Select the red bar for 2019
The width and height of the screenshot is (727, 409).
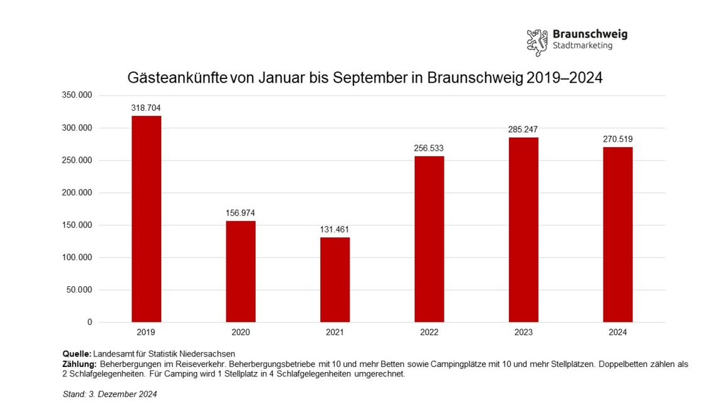click(x=146, y=219)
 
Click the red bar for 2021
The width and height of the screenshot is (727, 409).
click(x=335, y=279)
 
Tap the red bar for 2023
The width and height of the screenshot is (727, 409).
click(x=523, y=230)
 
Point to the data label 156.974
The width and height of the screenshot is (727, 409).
click(x=240, y=213)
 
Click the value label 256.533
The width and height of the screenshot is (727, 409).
click(x=429, y=148)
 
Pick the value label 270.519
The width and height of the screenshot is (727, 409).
click(x=617, y=139)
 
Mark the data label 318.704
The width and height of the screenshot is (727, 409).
click(x=146, y=108)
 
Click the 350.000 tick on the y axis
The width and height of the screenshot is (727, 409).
click(x=77, y=96)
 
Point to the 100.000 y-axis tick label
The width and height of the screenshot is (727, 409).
click(x=77, y=257)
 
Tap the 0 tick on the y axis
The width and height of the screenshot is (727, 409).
click(x=89, y=322)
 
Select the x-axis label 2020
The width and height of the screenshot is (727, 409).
click(x=240, y=333)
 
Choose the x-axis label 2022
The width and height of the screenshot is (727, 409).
click(x=429, y=333)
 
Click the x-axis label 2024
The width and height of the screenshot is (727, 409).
click(x=617, y=333)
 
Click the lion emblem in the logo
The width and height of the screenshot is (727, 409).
click(x=537, y=41)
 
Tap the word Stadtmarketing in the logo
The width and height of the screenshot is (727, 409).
click(x=582, y=46)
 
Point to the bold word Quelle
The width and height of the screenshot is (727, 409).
click(x=77, y=354)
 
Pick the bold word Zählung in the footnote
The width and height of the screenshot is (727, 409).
click(x=80, y=364)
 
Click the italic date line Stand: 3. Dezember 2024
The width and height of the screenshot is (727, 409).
click(x=110, y=394)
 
